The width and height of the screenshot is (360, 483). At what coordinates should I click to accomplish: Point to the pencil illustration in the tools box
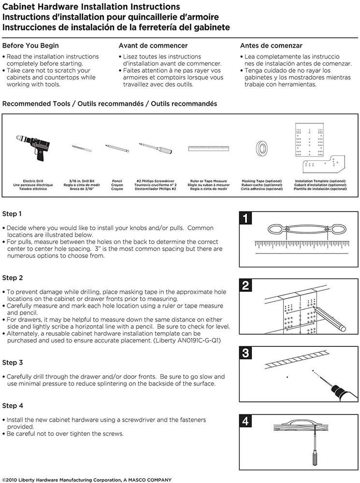tap(117, 147)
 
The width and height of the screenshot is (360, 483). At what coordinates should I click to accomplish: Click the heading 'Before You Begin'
tap(30, 46)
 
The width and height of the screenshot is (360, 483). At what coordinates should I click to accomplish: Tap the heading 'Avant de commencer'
tap(153, 46)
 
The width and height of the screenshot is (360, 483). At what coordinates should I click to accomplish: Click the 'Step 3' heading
tap(13, 362)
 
